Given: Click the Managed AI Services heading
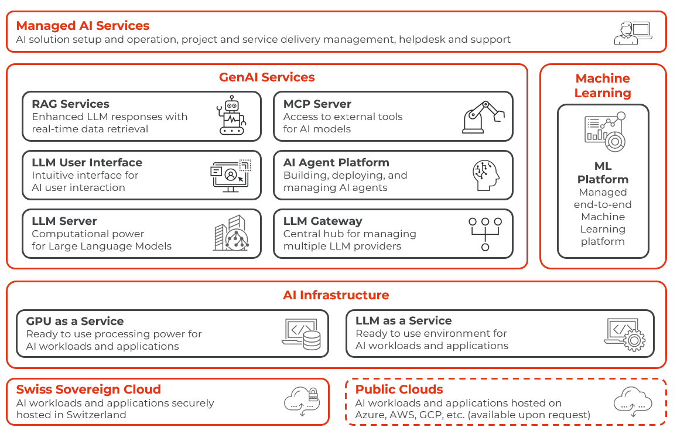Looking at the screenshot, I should pos(83,26).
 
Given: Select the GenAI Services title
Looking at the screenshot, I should pos(266,77).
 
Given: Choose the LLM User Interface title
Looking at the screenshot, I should pos(87,162).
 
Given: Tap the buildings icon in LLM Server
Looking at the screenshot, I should pos(230,233).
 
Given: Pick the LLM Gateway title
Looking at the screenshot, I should pos(323,221).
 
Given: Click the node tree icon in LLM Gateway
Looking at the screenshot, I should pos(485,234).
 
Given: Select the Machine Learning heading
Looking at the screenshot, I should pos(603,86).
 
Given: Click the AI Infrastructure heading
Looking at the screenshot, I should pos(336,295).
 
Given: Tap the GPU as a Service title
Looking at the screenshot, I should pos(75,321).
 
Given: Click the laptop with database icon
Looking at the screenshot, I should pos(302,334).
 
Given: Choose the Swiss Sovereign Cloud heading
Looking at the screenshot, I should pos(88,389).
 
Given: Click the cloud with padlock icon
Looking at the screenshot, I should pos(302,401).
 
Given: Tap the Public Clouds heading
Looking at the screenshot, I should pos(399,389).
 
